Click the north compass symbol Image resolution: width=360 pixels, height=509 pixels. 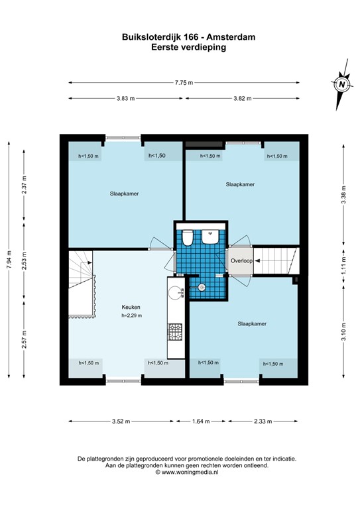pyautogui.click(x=342, y=84)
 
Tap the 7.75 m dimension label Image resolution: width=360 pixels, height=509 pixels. pyautogui.click(x=184, y=82)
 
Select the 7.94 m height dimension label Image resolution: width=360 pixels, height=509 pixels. pyautogui.click(x=9, y=259)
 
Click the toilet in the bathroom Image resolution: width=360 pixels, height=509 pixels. pyautogui.click(x=188, y=238)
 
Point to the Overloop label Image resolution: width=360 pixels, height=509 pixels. pyautogui.click(x=241, y=260)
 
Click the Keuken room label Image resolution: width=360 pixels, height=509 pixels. pyautogui.click(x=131, y=307)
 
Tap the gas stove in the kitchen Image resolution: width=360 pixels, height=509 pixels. pyautogui.click(x=174, y=332)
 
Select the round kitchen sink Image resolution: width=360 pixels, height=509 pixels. pyautogui.click(x=175, y=292)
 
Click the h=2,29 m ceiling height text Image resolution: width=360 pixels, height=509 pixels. pyautogui.click(x=131, y=315)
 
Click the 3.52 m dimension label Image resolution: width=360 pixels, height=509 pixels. pyautogui.click(x=121, y=422)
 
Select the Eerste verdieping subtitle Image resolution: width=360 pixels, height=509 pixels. pyautogui.click(x=188, y=48)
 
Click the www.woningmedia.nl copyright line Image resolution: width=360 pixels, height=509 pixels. pyautogui.click(x=187, y=472)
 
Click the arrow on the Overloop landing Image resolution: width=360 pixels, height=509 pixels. pyautogui.click(x=257, y=260)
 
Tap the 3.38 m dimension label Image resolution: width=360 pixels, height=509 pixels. pyautogui.click(x=343, y=194)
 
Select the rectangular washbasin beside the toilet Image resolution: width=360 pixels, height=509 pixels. pyautogui.click(x=210, y=237)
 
